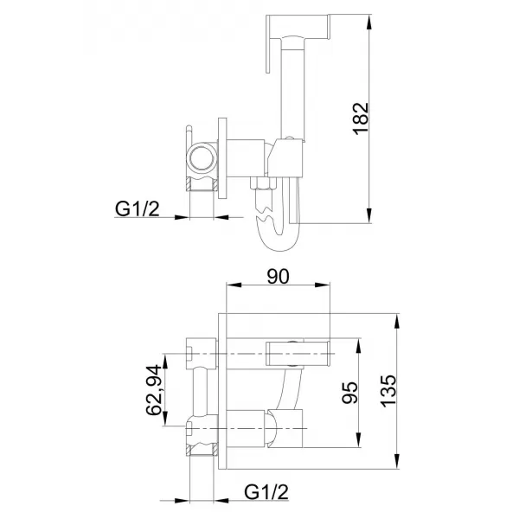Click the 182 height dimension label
[x=361, y=119]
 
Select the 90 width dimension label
[x=278, y=276]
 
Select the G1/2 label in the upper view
[x=139, y=208]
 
